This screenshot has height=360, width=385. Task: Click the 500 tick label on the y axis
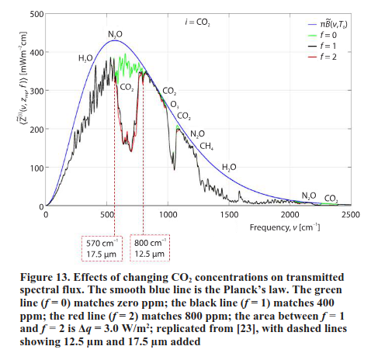tap(35, 14)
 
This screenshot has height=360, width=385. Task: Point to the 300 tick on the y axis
tap(35, 91)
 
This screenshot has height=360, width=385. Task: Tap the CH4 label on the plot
tap(206, 146)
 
